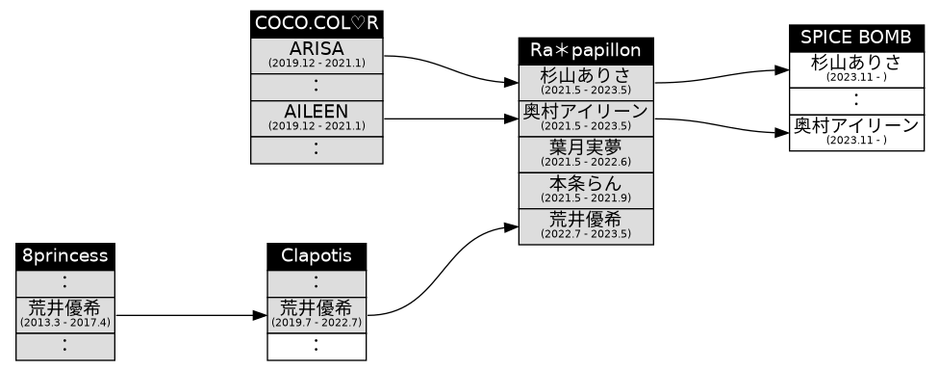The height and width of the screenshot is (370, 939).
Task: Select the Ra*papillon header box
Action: [x=586, y=51]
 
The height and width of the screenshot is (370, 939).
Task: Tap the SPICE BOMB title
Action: [x=855, y=38]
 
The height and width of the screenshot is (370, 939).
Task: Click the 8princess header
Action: [x=64, y=257]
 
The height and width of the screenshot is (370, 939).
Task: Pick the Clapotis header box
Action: [x=317, y=257]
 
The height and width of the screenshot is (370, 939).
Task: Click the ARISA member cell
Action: [x=317, y=55]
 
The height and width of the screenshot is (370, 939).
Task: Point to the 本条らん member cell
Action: [x=586, y=189]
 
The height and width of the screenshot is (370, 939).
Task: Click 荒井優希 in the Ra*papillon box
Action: [x=586, y=225]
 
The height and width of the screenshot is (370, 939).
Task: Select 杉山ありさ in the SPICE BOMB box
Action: [x=855, y=68]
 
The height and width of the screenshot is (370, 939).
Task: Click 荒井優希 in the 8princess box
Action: [x=64, y=313]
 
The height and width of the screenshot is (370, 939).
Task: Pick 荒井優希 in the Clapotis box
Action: [x=317, y=313]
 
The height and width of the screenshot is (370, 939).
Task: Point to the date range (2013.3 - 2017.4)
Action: [x=64, y=322]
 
